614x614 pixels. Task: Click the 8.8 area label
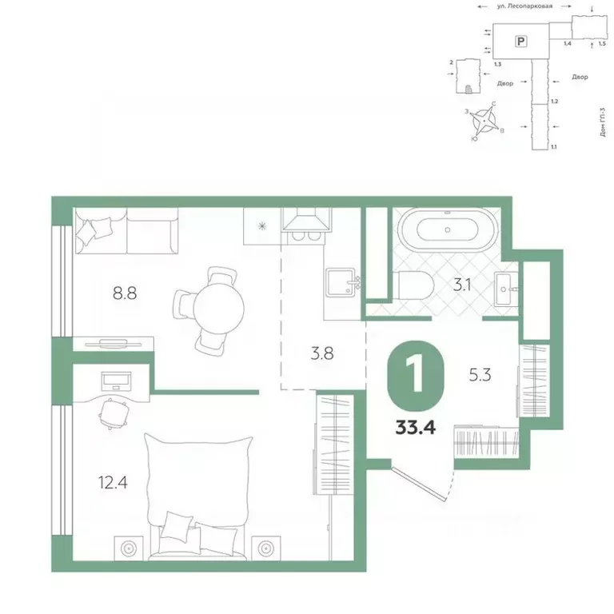(126, 293)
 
